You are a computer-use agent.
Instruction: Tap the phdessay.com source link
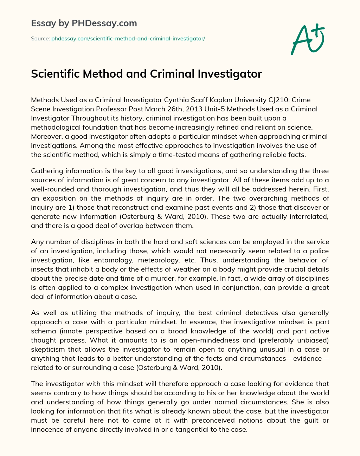(x=128, y=39)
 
